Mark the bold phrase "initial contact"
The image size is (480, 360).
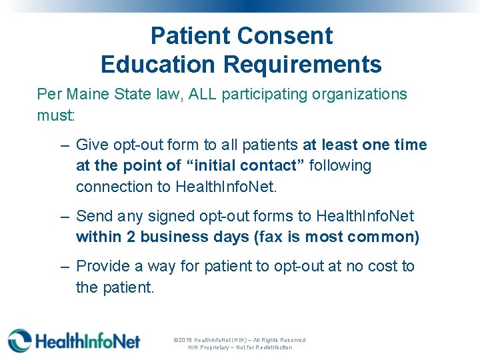[x=244, y=165]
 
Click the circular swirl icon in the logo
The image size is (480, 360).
[x=19, y=341]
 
